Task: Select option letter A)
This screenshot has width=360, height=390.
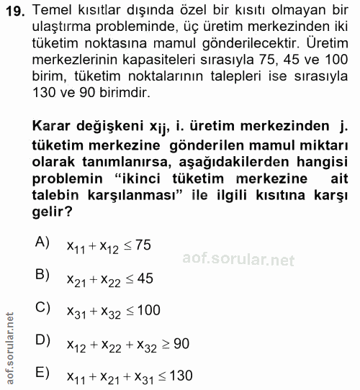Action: [x=42, y=242]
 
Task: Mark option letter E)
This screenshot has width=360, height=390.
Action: [x=42, y=373]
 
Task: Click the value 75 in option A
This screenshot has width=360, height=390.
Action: [x=142, y=245]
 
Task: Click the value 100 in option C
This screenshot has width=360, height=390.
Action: [x=148, y=311]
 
